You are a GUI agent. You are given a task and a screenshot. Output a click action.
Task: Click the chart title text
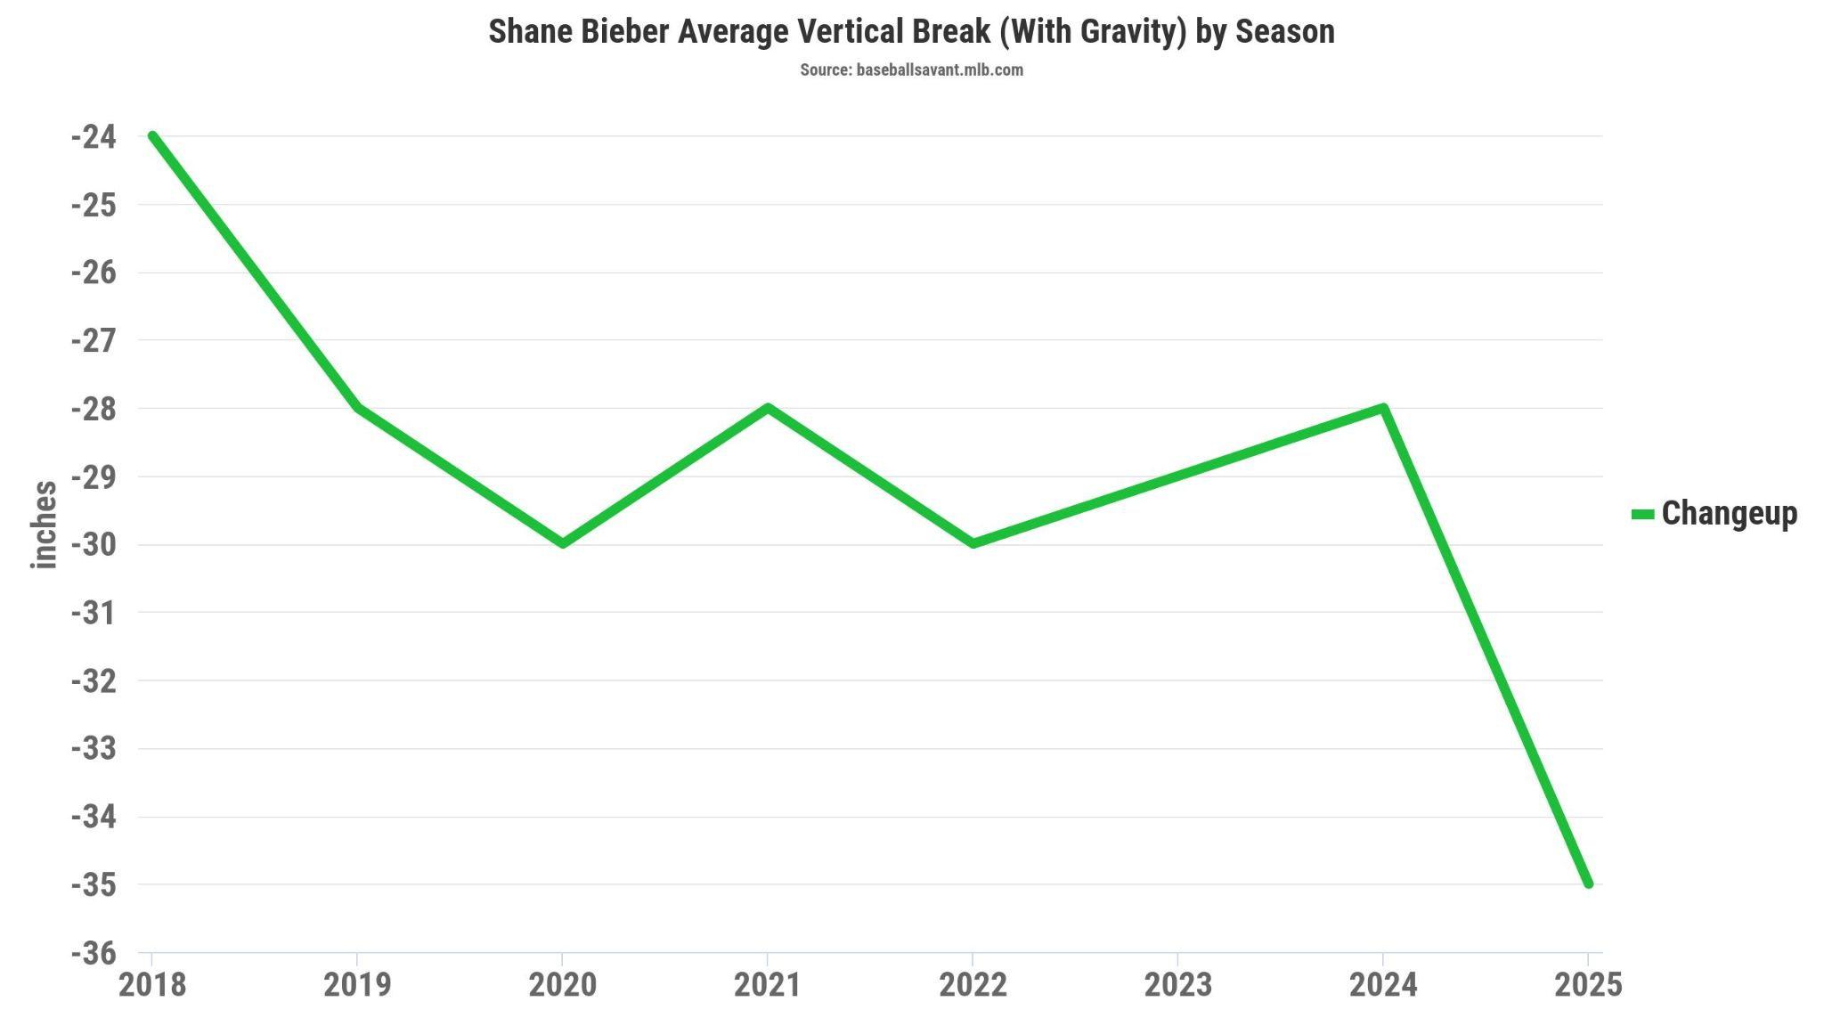(x=911, y=32)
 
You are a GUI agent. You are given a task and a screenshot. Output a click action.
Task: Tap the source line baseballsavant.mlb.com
(x=911, y=70)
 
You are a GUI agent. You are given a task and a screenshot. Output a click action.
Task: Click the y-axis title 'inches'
(x=44, y=525)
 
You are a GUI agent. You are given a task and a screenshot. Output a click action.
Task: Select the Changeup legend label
(x=1729, y=514)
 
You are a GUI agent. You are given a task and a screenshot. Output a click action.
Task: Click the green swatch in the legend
(x=1642, y=515)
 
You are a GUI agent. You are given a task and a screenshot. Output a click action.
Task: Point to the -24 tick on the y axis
(x=94, y=137)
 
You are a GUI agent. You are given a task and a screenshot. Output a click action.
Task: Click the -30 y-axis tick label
(x=94, y=545)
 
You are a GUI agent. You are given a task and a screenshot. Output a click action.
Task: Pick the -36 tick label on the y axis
(x=94, y=954)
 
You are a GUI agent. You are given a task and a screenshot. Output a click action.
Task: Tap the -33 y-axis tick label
(x=94, y=749)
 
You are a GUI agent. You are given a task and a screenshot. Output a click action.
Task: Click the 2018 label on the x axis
(x=152, y=985)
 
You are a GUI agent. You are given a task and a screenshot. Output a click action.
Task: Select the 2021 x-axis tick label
(x=768, y=985)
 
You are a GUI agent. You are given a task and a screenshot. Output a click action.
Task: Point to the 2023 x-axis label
(x=1177, y=985)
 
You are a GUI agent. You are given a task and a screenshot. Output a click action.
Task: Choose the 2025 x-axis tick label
(x=1588, y=985)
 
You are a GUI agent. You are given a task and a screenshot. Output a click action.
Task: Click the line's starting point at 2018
(x=153, y=136)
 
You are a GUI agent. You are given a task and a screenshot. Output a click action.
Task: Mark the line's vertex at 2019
(x=357, y=408)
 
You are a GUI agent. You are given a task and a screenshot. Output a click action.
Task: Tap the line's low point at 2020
(x=562, y=543)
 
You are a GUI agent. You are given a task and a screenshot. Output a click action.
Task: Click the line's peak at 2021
(x=768, y=408)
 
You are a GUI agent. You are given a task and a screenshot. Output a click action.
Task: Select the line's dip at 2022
(x=973, y=543)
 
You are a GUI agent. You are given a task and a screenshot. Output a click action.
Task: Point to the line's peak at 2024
(x=1383, y=408)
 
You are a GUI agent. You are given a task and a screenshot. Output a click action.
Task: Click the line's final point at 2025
(x=1588, y=883)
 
